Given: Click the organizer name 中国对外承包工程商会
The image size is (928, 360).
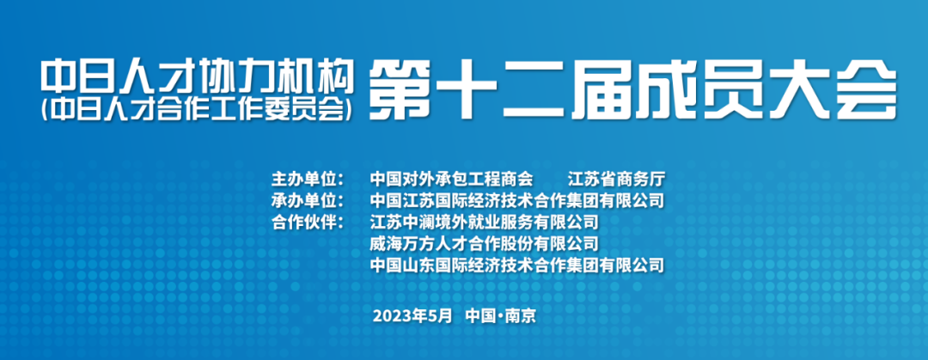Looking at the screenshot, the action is (452, 179).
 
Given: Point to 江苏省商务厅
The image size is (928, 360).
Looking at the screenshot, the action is (617, 179).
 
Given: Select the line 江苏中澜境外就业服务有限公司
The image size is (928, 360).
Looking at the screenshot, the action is (485, 223).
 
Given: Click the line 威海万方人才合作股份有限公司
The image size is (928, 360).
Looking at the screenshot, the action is (485, 243).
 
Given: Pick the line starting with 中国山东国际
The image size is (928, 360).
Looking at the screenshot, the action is (517, 265).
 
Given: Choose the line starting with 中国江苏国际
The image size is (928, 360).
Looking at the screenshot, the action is (517, 201).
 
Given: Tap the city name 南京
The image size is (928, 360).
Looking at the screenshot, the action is (520, 315).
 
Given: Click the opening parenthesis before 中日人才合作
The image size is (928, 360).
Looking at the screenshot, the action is (46, 109).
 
